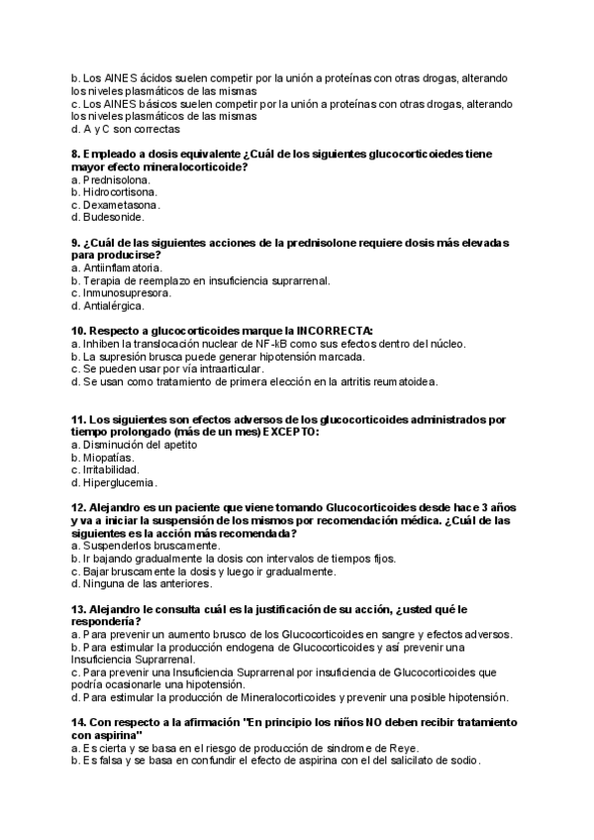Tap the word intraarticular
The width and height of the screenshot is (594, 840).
(x=225, y=368)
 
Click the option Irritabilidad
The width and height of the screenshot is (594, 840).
(x=114, y=470)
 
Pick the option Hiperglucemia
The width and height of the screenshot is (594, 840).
(x=120, y=482)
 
